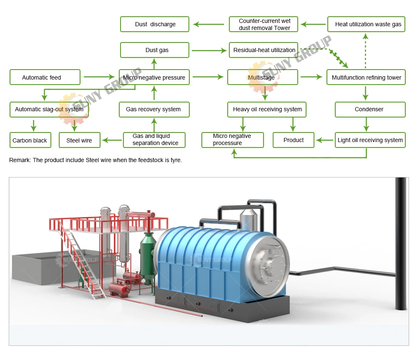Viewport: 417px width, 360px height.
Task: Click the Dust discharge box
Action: [155, 24]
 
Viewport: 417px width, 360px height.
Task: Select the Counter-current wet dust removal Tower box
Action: [264, 24]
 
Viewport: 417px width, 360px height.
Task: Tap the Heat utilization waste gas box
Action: [366, 24]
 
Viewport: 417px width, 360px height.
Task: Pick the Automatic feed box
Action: [45, 77]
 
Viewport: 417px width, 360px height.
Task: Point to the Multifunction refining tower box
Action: [366, 77]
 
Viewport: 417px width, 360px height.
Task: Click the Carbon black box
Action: [30, 140]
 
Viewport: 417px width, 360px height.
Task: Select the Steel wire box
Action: [80, 140]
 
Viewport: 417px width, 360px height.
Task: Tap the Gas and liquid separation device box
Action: [154, 140]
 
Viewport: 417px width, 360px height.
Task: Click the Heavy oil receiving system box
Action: [267, 109]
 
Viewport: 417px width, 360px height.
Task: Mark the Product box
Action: [294, 140]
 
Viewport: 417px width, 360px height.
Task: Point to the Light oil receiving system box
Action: [370, 140]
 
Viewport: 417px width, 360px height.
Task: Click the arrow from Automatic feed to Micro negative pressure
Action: [99, 77]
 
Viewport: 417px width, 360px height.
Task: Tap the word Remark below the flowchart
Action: [19, 160]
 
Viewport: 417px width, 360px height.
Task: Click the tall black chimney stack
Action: [401, 242]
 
